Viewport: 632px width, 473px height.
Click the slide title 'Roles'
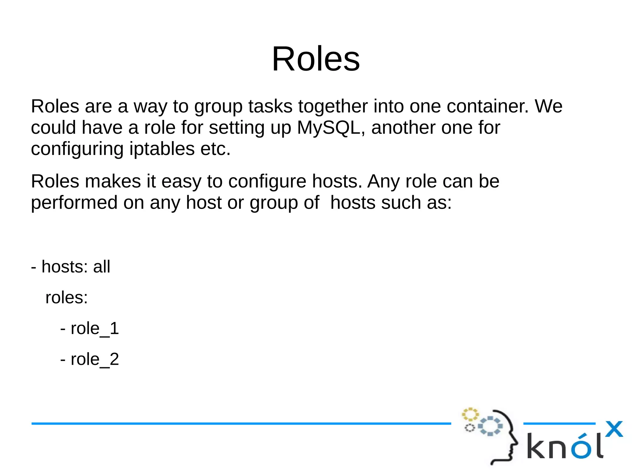316,59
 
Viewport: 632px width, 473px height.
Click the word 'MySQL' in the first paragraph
328,128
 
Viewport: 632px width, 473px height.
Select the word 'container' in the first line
488,106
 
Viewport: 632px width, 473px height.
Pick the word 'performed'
74,203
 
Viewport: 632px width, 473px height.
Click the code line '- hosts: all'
71,267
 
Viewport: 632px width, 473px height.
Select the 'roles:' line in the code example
67,298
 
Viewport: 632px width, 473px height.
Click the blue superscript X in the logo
614,429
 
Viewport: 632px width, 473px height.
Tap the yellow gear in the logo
470,414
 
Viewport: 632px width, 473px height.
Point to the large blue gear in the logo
490,426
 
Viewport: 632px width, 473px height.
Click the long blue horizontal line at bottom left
241,424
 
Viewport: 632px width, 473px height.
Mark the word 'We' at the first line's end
548,106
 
